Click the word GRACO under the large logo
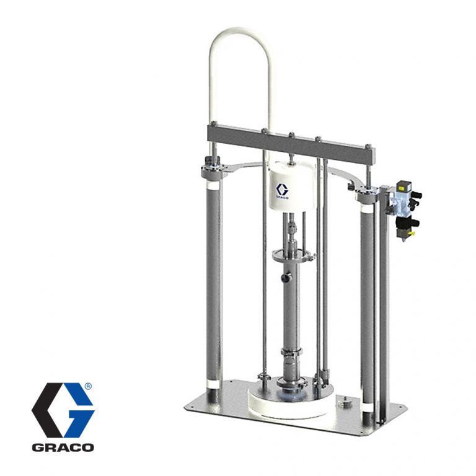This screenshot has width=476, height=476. click(x=63, y=447)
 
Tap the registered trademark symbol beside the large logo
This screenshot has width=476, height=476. click(x=88, y=387)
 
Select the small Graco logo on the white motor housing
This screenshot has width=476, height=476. click(x=283, y=191)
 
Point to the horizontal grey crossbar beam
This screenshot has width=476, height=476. click(x=291, y=143)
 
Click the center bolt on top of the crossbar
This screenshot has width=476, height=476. click(x=291, y=134)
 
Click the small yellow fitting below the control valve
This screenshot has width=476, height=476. click(x=412, y=234)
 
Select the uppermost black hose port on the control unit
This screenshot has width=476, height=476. click(x=417, y=194)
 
